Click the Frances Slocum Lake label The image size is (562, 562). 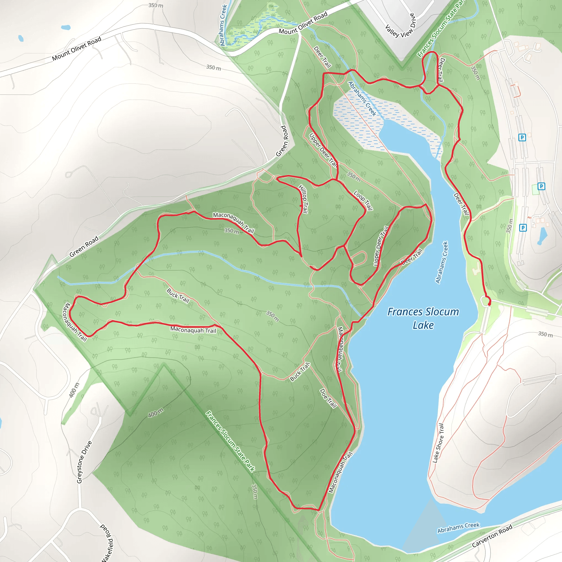[x=423, y=318]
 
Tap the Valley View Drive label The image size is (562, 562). [x=400, y=26]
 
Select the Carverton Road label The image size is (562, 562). [x=492, y=536]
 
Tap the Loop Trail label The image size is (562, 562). [x=363, y=200]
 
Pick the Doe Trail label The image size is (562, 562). [x=328, y=398]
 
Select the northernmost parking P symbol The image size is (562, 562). [x=522, y=137]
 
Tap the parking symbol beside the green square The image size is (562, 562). [x=541, y=186]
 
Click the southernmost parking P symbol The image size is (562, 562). [x=523, y=227]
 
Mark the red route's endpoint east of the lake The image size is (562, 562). [x=489, y=304]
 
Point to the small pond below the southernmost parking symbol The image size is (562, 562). [x=542, y=236]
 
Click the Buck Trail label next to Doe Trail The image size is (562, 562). [x=300, y=372]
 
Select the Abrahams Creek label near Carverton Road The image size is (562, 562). [x=458, y=528]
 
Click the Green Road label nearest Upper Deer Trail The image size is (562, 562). [x=282, y=141]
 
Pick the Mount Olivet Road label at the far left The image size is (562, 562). [x=77, y=49]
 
